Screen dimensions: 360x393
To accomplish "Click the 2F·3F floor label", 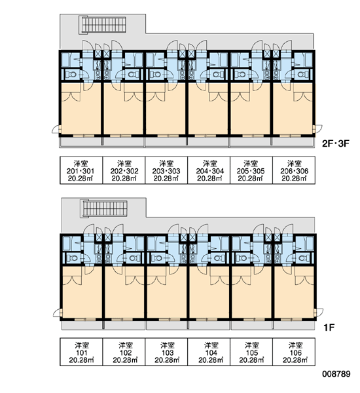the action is tap(335, 143).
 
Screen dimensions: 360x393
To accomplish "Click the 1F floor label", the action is tap(329, 327).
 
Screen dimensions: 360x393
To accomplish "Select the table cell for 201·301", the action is tap(81, 170).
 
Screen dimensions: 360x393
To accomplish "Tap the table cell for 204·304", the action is tap(209, 170).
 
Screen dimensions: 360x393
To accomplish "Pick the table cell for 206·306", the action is tap(294, 170).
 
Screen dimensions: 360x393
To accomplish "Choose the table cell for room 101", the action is tap(81, 352).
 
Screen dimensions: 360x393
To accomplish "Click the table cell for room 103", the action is tap(166, 352).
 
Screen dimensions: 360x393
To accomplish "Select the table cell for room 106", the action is tap(294, 352).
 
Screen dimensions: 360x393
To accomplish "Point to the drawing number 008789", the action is tap(336, 374).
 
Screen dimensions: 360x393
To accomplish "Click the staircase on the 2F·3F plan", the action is tap(103, 24).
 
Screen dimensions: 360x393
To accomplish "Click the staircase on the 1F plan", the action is tap(104, 209).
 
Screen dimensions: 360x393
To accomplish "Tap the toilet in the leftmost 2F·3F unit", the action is tap(71, 75).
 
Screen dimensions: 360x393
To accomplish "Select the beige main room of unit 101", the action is tap(82, 292).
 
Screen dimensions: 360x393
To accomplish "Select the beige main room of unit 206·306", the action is tap(293, 108).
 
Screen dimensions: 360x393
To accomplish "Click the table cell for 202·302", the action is tap(124, 170).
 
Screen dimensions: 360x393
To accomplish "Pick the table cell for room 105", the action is tap(251, 352).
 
